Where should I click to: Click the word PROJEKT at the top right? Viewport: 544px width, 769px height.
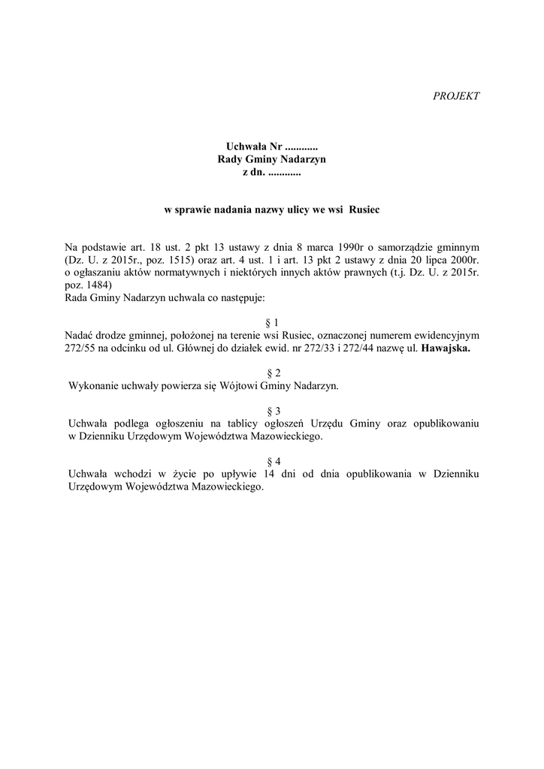pyautogui.click(x=456, y=96)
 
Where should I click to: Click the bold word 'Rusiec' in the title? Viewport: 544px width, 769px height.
pyautogui.click(x=364, y=210)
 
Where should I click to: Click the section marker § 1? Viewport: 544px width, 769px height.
pyautogui.click(x=272, y=321)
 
